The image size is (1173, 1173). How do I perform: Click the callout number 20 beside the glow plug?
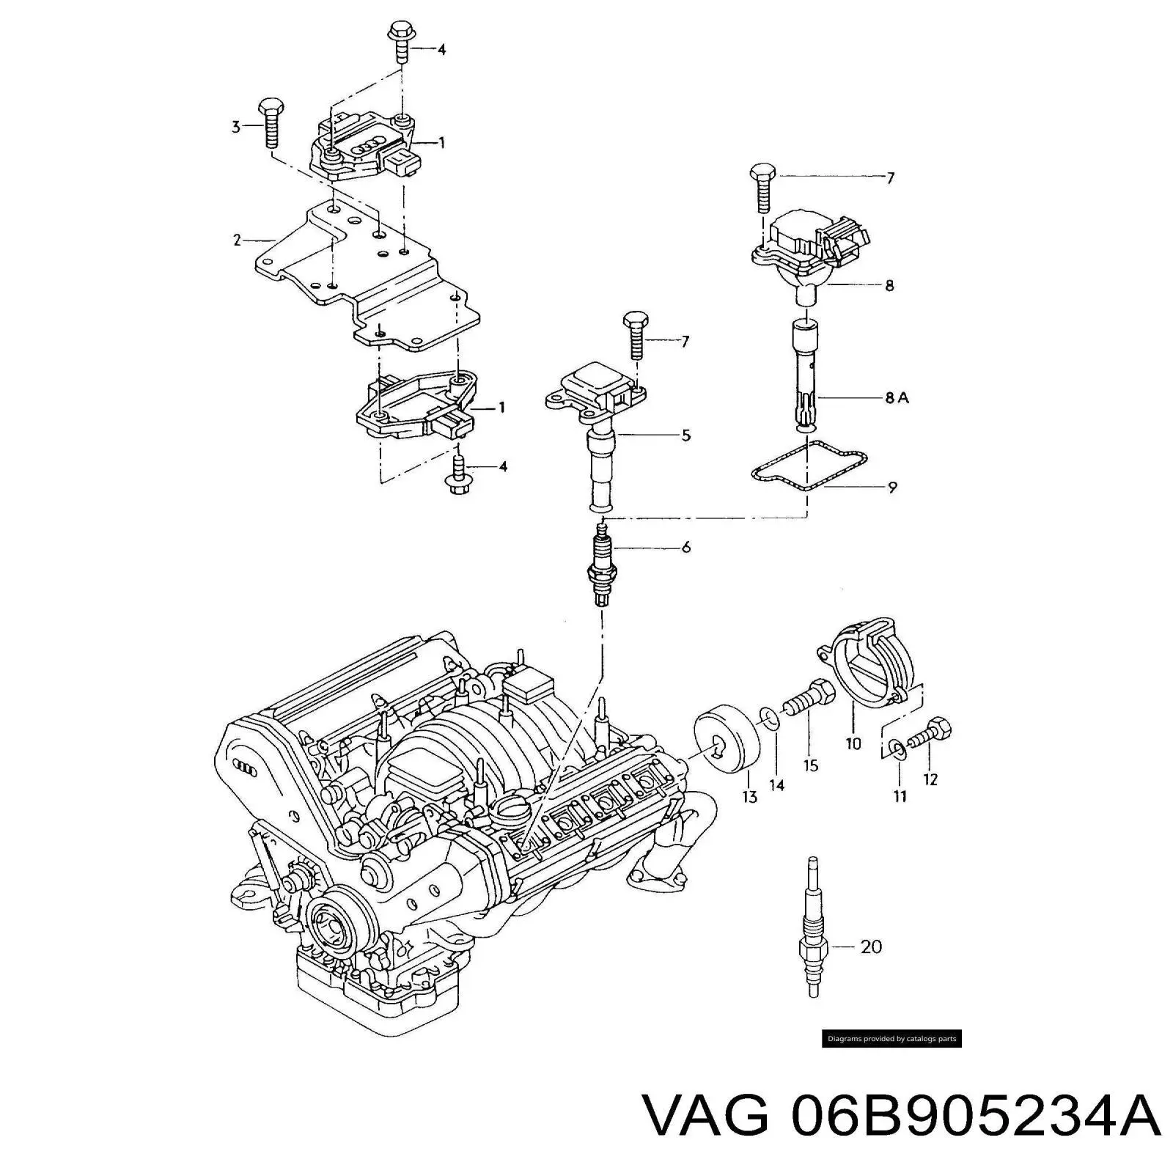(x=870, y=946)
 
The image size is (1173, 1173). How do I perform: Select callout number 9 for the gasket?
(x=892, y=486)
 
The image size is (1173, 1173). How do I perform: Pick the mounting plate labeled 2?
(x=367, y=279)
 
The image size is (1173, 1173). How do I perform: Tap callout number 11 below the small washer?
(x=900, y=795)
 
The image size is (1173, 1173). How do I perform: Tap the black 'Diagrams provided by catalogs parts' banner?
(x=891, y=1039)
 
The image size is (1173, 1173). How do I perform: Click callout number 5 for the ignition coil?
(x=685, y=435)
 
